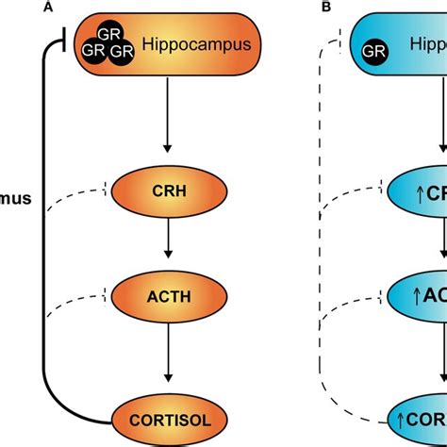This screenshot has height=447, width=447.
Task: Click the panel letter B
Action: (x=327, y=8)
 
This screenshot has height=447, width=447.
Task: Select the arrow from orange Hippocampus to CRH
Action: (x=167, y=113)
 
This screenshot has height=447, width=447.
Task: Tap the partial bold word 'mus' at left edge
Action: (x=14, y=201)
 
